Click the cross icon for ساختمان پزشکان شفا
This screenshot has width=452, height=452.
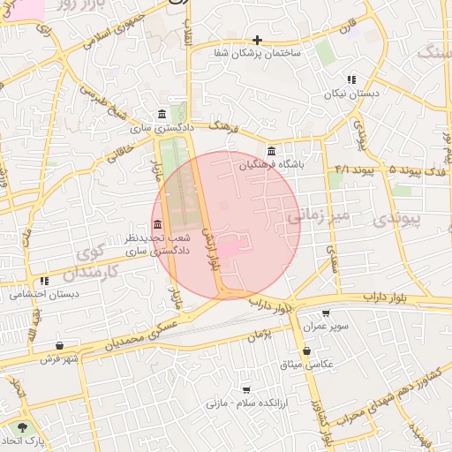coord(257,40)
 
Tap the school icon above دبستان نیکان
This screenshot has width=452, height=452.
coord(351,79)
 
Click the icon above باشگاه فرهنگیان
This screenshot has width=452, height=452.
coord(271,151)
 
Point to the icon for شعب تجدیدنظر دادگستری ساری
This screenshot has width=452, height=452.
coord(157,223)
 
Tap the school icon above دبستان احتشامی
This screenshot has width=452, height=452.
coord(44,281)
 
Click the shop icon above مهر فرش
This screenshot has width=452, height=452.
coord(59,345)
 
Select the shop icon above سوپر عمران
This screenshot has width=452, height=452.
coord(326,313)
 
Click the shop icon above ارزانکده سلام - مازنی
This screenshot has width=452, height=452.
coord(246,388)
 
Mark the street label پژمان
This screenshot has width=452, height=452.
coord(257,335)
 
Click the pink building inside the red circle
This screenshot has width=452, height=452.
coord(228,251)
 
